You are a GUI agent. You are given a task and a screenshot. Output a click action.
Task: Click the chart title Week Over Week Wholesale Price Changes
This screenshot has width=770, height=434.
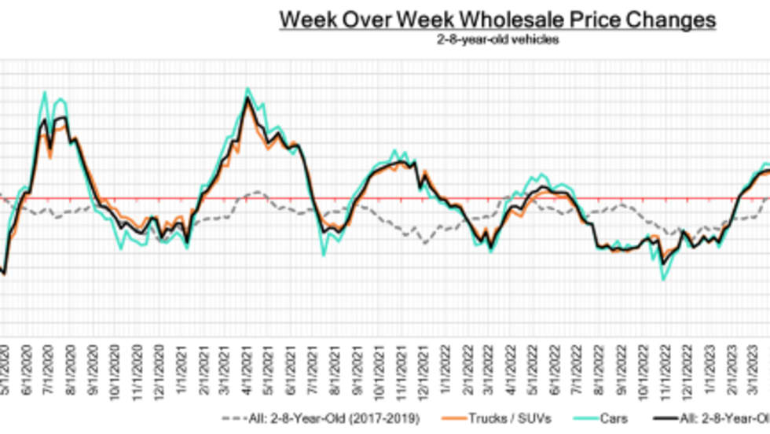click(x=497, y=20)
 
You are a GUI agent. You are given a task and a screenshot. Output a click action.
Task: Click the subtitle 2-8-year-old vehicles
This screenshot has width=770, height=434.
click(x=497, y=39)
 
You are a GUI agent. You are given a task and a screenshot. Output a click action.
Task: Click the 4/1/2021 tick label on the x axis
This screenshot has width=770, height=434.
click(x=247, y=364)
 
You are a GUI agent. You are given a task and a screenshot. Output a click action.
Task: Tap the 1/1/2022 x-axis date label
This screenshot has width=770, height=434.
click(x=446, y=364)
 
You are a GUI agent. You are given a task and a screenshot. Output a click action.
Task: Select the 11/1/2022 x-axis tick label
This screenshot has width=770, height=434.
click(x=667, y=364)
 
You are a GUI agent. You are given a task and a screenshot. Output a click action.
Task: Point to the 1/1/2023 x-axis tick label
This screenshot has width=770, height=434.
click(x=711, y=364)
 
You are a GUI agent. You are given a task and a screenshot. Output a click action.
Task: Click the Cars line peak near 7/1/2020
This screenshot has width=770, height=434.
click(x=45, y=92)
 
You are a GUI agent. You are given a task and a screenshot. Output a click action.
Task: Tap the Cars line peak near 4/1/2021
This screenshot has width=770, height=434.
click(x=248, y=88)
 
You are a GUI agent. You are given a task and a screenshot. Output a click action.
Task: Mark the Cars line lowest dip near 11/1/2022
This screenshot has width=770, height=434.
click(x=663, y=279)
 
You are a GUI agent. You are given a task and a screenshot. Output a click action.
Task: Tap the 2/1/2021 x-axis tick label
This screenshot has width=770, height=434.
click(x=204, y=364)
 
